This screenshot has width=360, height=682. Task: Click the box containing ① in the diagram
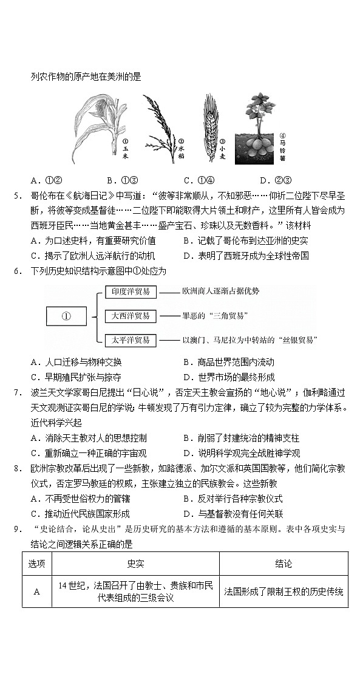[67, 316]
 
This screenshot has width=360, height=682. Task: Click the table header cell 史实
[135, 564]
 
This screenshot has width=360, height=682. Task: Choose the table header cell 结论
[284, 564]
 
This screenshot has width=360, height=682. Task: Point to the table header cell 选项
[36, 564]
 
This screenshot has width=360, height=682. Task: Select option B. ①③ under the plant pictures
[123, 180]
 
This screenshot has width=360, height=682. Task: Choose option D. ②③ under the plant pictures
[276, 180]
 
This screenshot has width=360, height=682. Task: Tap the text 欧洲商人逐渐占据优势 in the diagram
[220, 292]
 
